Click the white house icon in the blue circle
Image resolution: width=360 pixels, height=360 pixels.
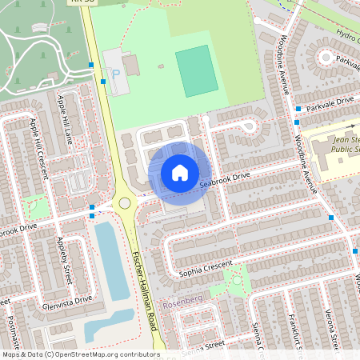pyautogui.click(x=180, y=173)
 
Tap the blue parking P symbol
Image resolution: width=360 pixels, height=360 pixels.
pyautogui.click(x=116, y=74)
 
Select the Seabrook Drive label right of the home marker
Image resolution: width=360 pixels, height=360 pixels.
pyautogui.click(x=225, y=182)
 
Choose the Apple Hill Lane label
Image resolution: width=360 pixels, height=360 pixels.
pyautogui.click(x=65, y=119)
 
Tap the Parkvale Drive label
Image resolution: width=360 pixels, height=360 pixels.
pyautogui.click(x=334, y=102)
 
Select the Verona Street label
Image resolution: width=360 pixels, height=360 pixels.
pyautogui.click(x=330, y=330)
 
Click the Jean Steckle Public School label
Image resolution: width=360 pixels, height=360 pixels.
pyautogui.click(x=345, y=147)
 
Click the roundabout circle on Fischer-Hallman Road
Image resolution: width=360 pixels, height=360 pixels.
pyautogui.click(x=125, y=203)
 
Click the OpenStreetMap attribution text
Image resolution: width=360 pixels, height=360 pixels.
pyautogui.click(x=80, y=354)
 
